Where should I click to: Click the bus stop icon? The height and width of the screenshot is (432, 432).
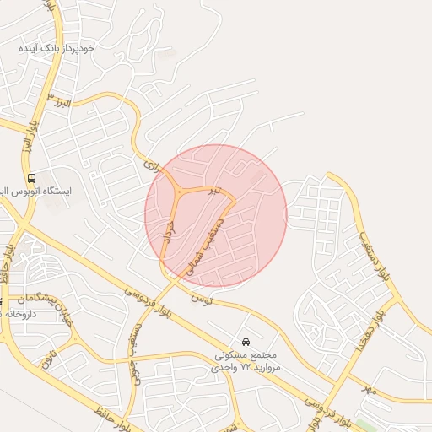click(x=31, y=178)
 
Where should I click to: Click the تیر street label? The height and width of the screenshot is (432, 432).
click(x=215, y=192)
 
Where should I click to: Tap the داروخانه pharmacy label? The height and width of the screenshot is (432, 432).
click(x=17, y=313)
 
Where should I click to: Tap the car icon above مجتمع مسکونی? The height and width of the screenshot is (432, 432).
click(x=245, y=343)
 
